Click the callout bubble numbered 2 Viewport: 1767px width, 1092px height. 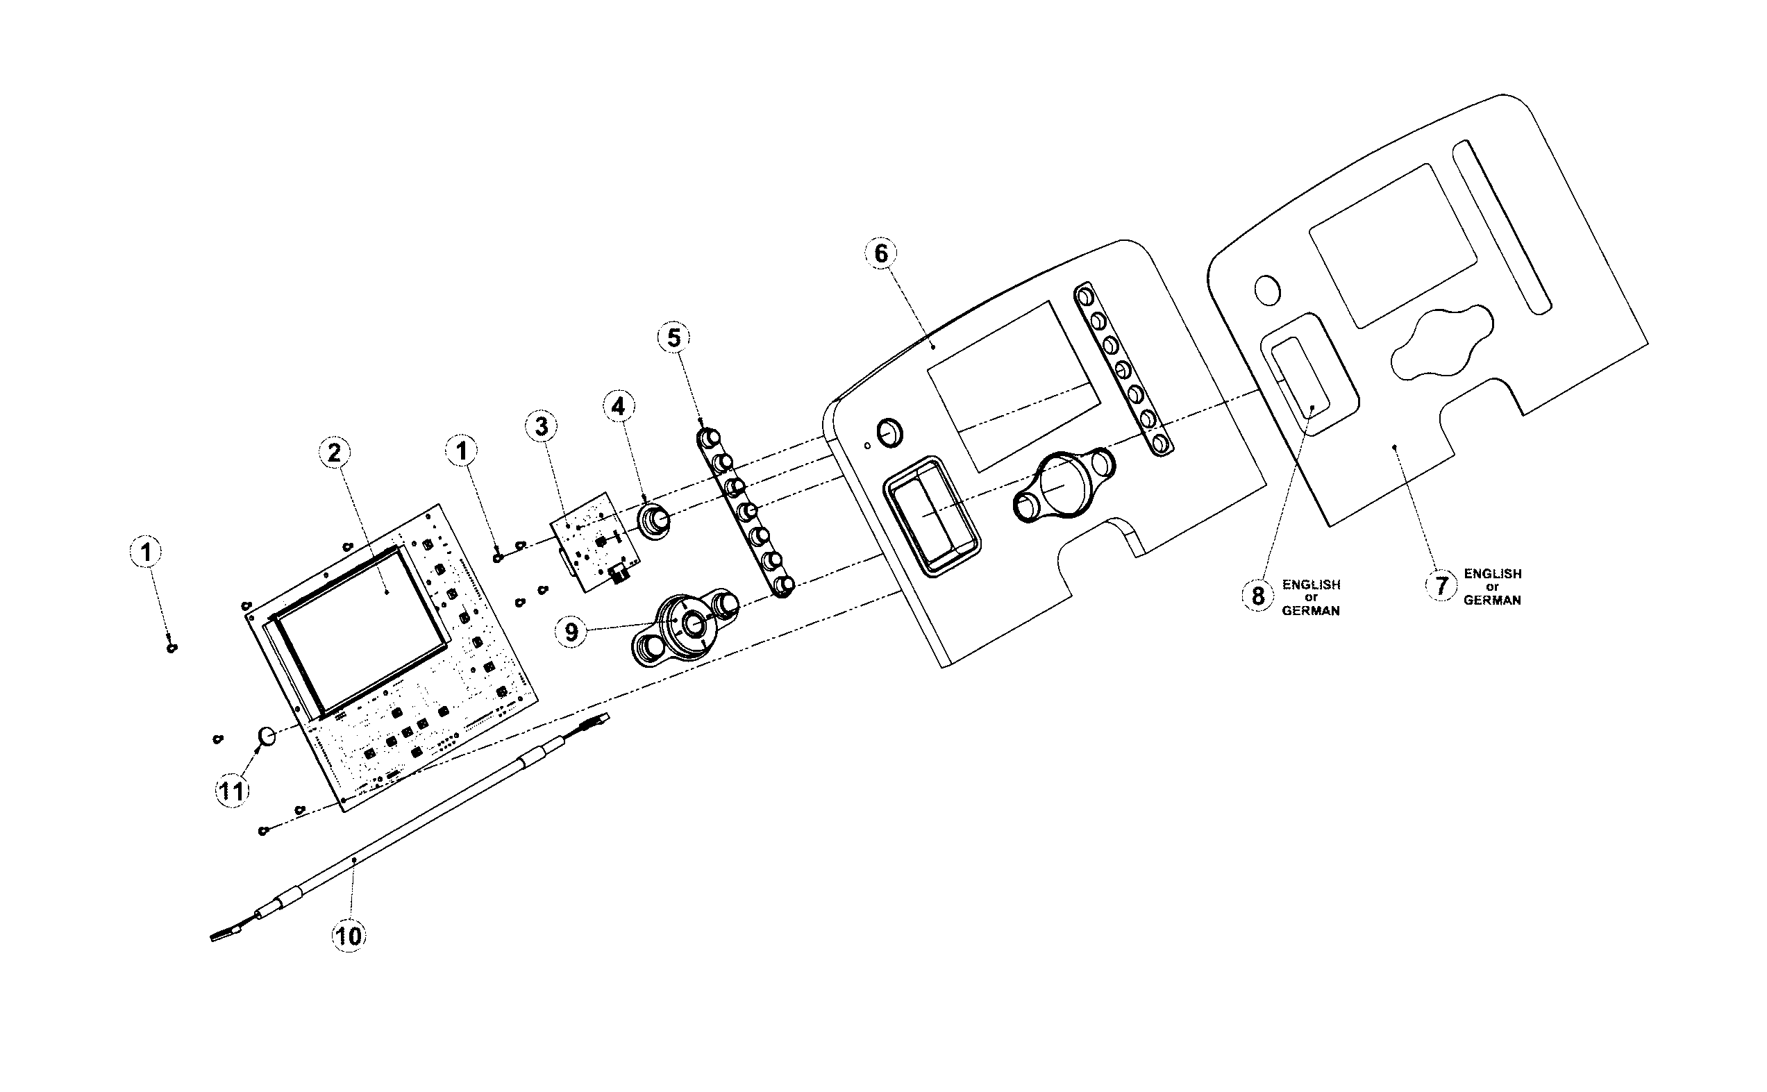click(x=334, y=453)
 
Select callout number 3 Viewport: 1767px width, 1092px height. click(x=542, y=426)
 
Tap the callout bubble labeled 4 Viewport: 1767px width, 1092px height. click(x=618, y=407)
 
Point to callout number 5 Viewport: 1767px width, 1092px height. click(x=673, y=338)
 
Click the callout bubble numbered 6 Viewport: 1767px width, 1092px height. click(x=881, y=253)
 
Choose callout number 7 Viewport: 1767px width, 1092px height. click(x=1441, y=586)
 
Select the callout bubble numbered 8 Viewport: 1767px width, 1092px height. click(x=1258, y=596)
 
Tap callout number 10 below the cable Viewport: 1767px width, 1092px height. click(x=348, y=936)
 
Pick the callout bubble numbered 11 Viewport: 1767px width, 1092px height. click(x=232, y=791)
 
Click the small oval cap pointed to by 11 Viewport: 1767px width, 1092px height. click(x=267, y=737)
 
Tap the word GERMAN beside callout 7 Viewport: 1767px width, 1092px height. click(x=1492, y=600)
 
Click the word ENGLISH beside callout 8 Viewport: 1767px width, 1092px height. click(x=1312, y=585)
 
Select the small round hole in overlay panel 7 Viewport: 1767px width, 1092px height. click(x=1267, y=290)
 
